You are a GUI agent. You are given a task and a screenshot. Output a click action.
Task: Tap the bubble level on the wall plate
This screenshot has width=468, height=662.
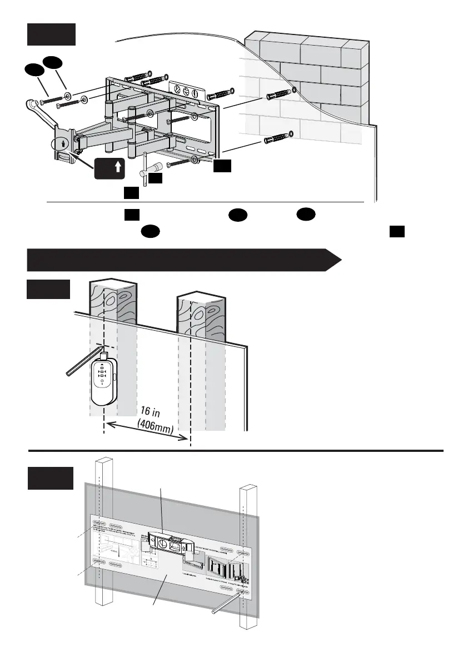pos(187,91)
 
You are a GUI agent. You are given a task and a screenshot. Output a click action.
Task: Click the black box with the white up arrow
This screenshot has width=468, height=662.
pos(109,168)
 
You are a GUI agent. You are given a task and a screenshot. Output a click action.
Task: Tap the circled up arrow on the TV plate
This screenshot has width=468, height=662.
pos(64,142)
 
